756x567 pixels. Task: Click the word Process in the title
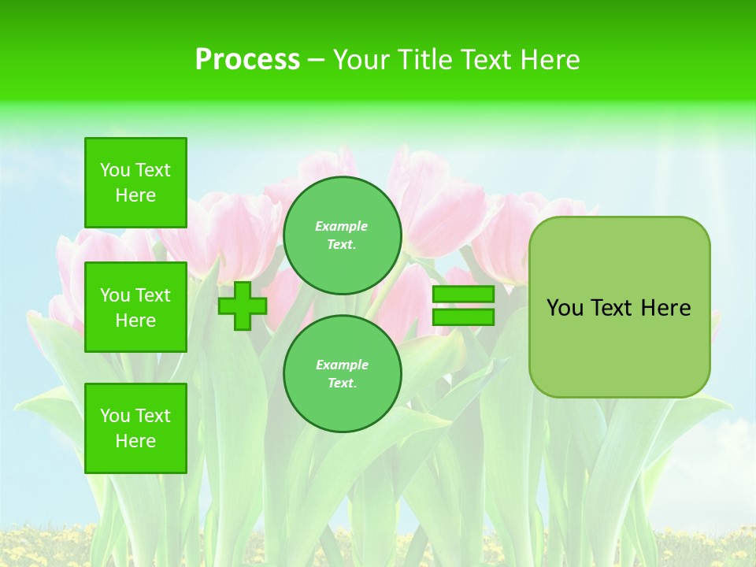(247, 60)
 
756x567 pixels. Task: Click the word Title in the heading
(424, 60)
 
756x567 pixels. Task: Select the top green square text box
(135, 183)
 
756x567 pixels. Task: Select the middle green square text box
(135, 307)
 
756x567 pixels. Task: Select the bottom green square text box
(135, 428)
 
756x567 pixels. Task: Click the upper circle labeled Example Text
(343, 235)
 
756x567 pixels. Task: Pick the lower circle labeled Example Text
(343, 373)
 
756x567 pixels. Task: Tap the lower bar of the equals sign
(463, 317)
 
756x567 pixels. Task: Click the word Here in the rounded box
(665, 308)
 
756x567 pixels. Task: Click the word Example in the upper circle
(342, 226)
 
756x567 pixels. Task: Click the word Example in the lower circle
(342, 365)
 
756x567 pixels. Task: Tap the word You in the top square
(115, 170)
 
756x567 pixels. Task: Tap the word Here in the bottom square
(135, 441)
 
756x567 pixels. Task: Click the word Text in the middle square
(153, 295)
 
